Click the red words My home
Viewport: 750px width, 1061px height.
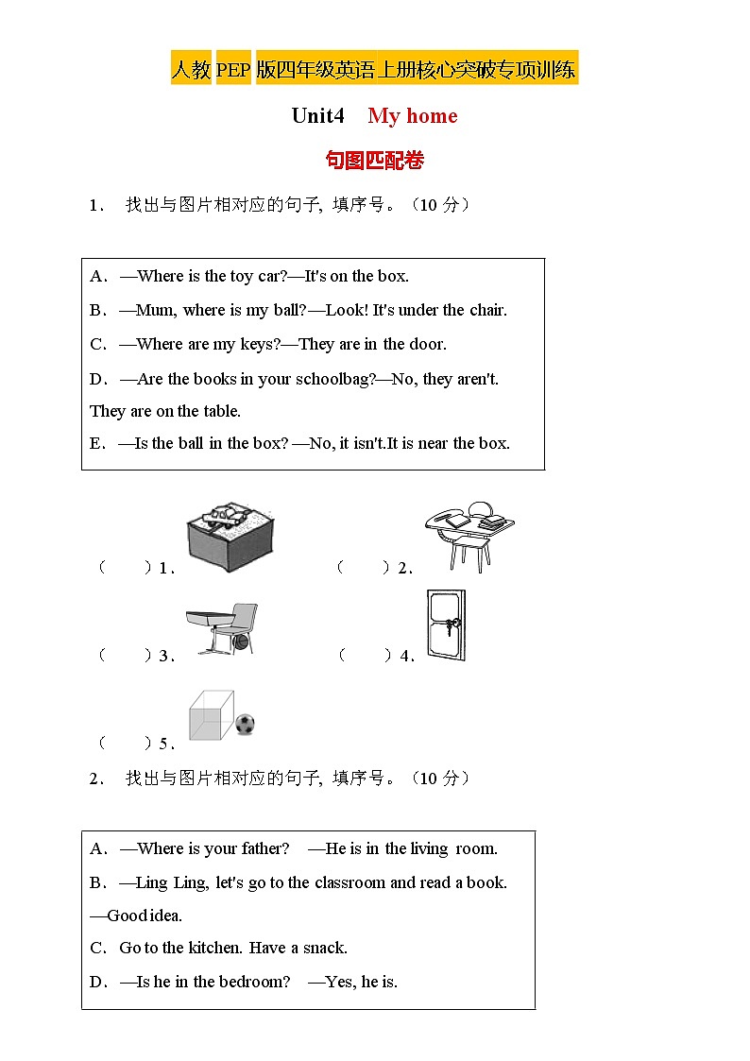[412, 116]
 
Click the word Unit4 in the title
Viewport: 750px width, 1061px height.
[318, 116]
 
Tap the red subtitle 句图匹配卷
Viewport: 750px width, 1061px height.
[374, 160]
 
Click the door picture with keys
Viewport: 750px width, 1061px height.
[446, 625]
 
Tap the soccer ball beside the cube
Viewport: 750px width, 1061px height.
[245, 725]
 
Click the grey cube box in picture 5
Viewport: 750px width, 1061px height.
[211, 715]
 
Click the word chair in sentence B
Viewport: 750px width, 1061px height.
[487, 310]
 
